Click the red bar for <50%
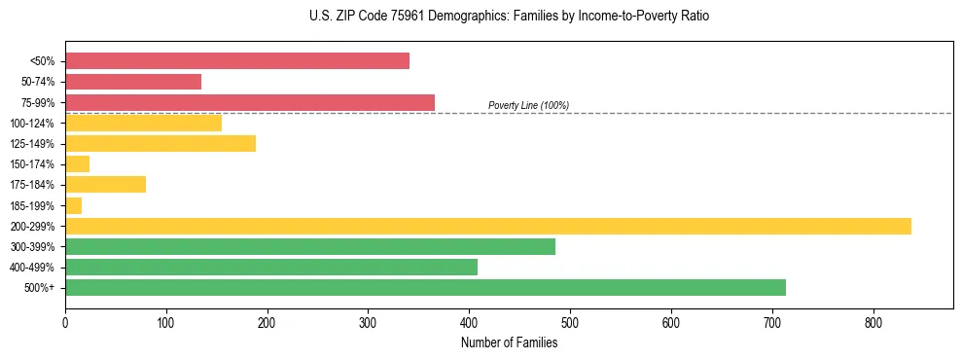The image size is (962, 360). pos(237,61)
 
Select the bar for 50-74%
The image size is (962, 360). pos(133,82)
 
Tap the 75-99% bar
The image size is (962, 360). pos(250,102)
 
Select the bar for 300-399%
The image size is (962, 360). pos(310,246)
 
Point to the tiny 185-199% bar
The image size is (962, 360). pos(74,205)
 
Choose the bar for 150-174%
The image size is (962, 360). pos(78,164)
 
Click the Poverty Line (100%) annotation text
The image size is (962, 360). pos(528,105)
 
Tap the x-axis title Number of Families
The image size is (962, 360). pos(509,342)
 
